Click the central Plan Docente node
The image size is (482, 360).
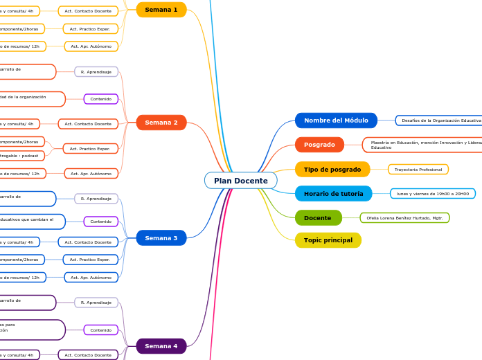click(240, 181)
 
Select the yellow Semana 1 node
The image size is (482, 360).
click(161, 10)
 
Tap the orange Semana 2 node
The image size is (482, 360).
click(161, 123)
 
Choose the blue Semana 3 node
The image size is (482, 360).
click(161, 238)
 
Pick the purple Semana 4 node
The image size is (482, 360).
click(161, 346)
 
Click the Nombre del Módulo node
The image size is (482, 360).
click(336, 120)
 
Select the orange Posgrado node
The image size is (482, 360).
click(319, 145)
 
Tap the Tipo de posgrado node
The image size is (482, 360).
click(332, 170)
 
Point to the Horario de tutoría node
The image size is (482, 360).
click(333, 194)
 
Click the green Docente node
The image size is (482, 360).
click(318, 218)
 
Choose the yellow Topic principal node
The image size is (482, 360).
click(328, 240)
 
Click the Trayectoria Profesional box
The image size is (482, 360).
click(418, 170)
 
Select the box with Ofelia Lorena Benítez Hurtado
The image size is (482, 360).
click(404, 218)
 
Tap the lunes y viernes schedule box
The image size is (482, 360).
click(432, 194)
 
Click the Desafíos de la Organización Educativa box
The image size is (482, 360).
click(439, 120)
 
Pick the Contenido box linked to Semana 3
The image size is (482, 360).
click(100, 222)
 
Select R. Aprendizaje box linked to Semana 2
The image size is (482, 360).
click(96, 72)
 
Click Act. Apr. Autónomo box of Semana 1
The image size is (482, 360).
click(91, 46)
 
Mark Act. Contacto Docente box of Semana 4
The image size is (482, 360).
click(88, 355)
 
